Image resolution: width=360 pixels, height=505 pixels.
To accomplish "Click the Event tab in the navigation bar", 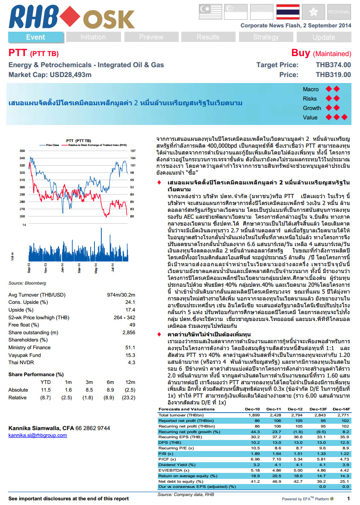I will click(x=35, y=37).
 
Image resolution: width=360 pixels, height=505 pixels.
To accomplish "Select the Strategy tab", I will click(x=266, y=37).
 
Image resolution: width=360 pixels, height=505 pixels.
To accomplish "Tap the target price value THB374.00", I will click(x=333, y=65).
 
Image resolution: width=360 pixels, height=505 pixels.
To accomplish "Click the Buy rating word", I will click(x=301, y=53).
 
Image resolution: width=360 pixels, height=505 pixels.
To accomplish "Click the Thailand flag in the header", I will click(x=288, y=11).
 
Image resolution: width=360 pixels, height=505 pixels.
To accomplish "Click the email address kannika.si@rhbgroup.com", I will click(x=38, y=435).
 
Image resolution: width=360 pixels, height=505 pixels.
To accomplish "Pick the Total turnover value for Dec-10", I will click(x=254, y=415).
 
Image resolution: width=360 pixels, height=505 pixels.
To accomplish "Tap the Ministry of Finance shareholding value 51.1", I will click(x=129, y=348).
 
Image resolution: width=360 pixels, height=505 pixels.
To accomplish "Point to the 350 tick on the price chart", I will click(x=22, y=151).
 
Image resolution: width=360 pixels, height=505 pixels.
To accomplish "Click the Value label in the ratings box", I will click(x=310, y=117).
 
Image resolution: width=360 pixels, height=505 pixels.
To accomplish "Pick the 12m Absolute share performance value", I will click(x=129, y=390).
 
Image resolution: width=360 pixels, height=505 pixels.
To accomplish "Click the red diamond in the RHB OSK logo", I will click(x=71, y=17).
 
